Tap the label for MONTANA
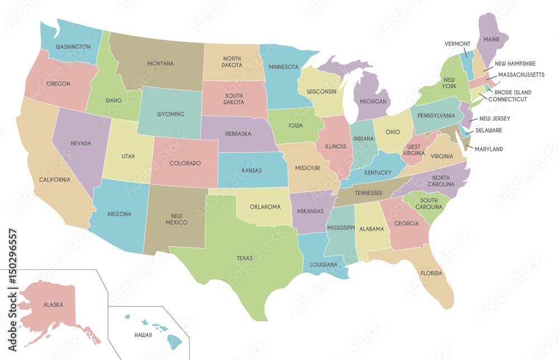coord(160,63)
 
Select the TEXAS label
coord(244,258)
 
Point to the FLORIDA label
coord(431,273)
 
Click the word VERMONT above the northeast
coord(457,44)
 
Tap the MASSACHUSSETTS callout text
coord(522,74)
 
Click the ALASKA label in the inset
coord(53,305)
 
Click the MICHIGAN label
coord(373,101)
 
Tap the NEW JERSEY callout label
coord(494,119)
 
